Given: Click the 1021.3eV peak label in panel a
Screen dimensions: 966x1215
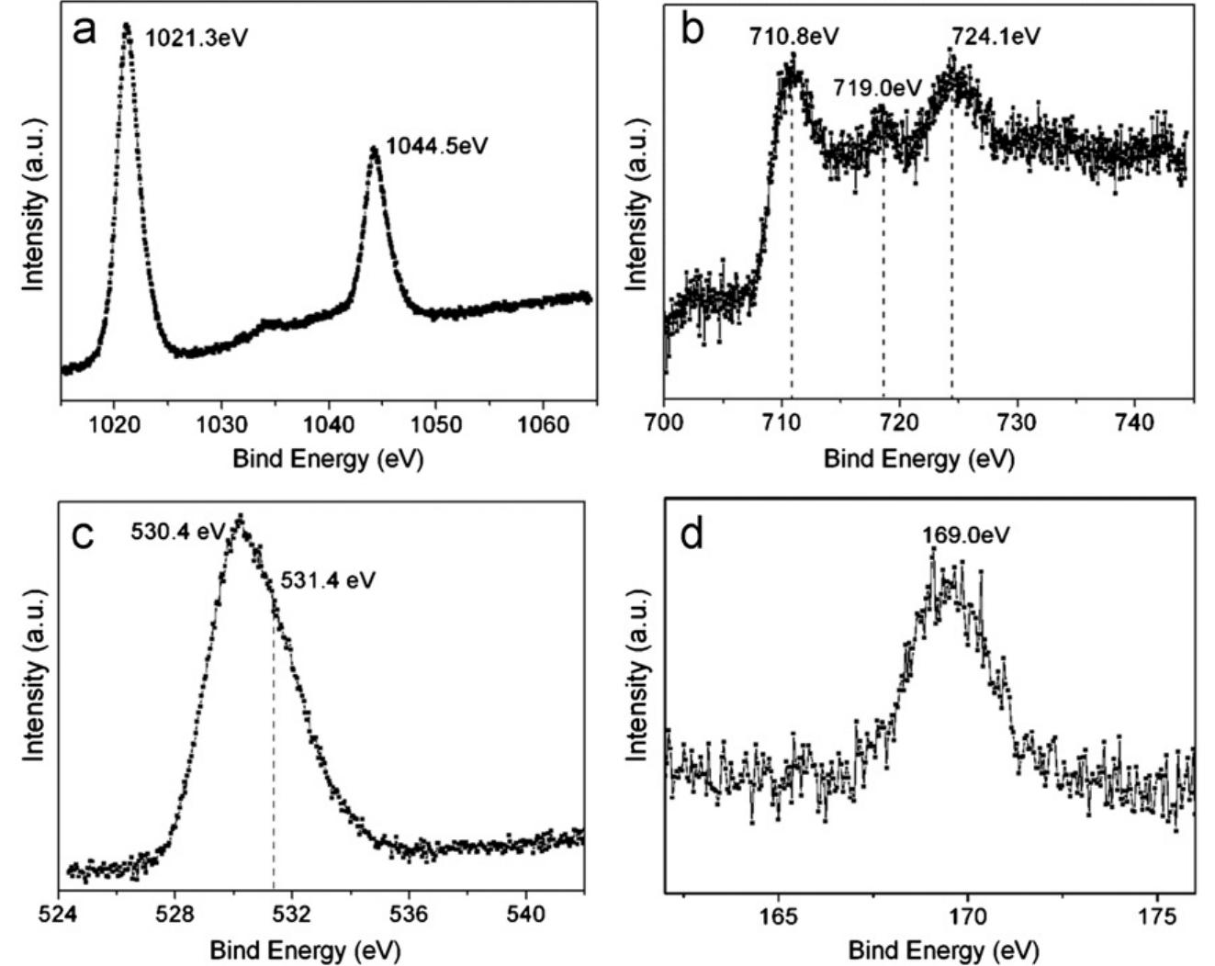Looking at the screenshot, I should tap(197, 39).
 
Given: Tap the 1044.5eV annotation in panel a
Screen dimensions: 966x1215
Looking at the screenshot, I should tap(435, 146).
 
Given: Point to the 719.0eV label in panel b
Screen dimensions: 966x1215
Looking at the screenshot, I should tap(876, 88).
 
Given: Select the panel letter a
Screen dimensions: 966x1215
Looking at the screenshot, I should tap(84, 31).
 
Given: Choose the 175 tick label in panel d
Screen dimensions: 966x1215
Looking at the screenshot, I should tap(1157, 915).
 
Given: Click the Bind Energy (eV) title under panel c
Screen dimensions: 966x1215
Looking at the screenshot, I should tap(305, 950).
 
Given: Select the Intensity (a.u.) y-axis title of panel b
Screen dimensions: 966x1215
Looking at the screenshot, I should tap(636, 204).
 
